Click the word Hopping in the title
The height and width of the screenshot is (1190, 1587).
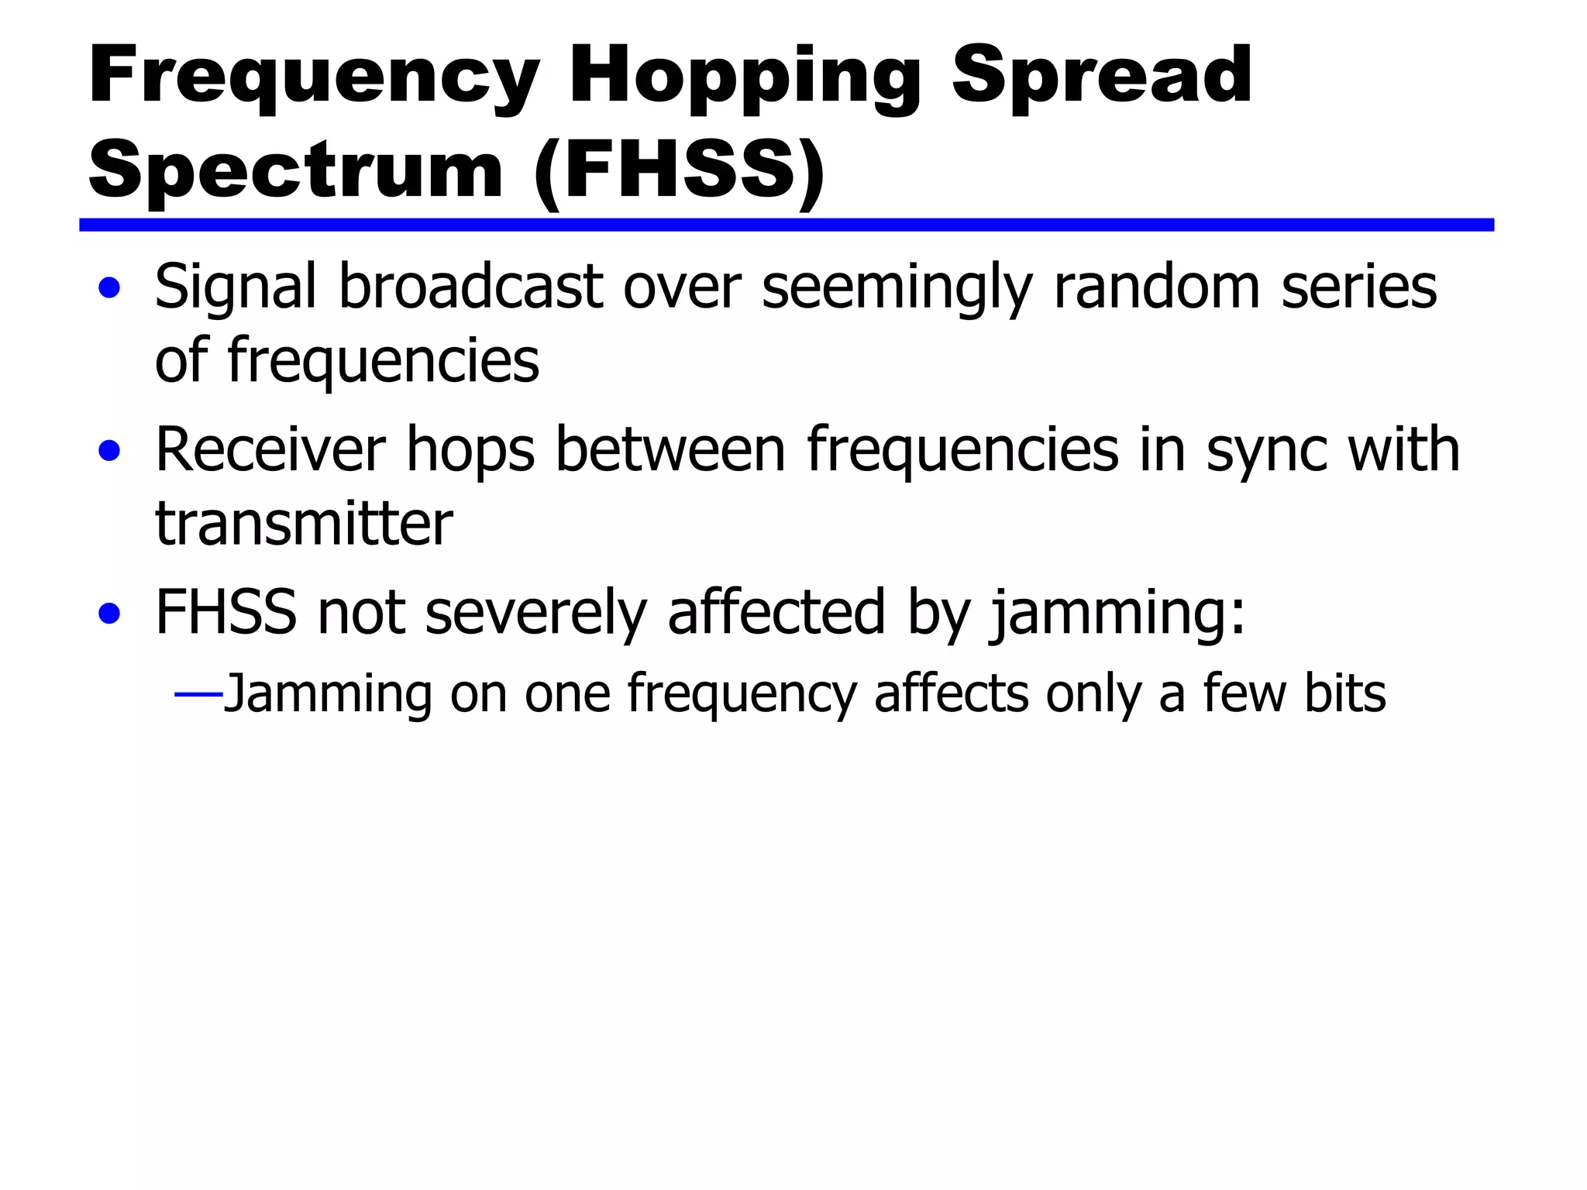tap(744, 77)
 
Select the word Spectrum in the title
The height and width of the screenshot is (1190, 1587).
tap(297, 169)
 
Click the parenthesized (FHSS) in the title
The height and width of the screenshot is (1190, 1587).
tap(680, 170)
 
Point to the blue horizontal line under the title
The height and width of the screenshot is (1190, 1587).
tap(786, 225)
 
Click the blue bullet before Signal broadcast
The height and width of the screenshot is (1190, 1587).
tap(109, 289)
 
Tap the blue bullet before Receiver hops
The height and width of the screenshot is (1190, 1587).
tap(109, 452)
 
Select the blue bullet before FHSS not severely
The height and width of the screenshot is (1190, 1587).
tap(109, 614)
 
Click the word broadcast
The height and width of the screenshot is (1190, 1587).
tap(471, 287)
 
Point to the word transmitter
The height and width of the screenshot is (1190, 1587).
tap(304, 524)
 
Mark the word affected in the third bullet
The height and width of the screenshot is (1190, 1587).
tap(776, 612)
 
